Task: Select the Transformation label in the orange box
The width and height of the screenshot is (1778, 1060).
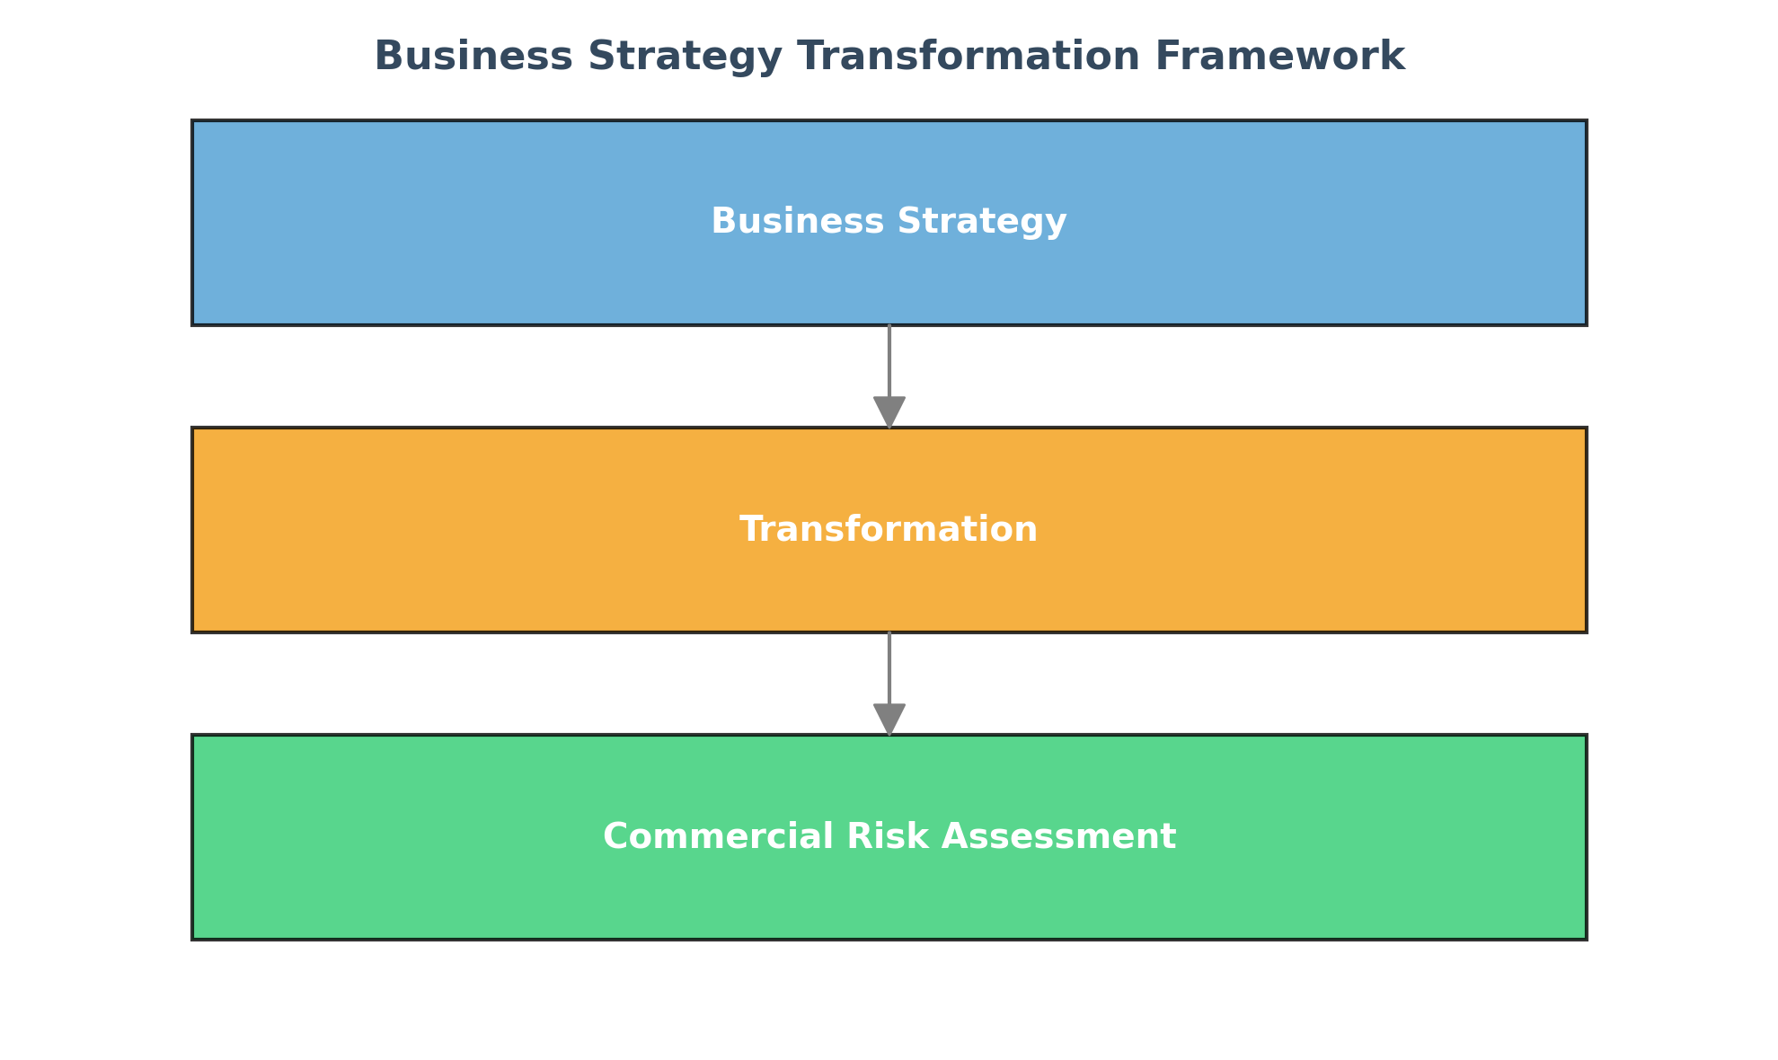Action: tap(889, 529)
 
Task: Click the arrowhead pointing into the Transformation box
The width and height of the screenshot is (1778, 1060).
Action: tap(889, 412)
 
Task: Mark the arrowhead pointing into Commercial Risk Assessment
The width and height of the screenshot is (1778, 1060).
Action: tap(889, 720)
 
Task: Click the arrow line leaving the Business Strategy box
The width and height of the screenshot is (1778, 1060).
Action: tap(889, 361)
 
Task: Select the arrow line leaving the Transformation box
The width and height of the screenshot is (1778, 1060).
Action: tap(889, 668)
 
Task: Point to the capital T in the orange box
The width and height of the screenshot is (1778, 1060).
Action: tap(751, 529)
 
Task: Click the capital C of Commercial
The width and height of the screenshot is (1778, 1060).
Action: tap(615, 836)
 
